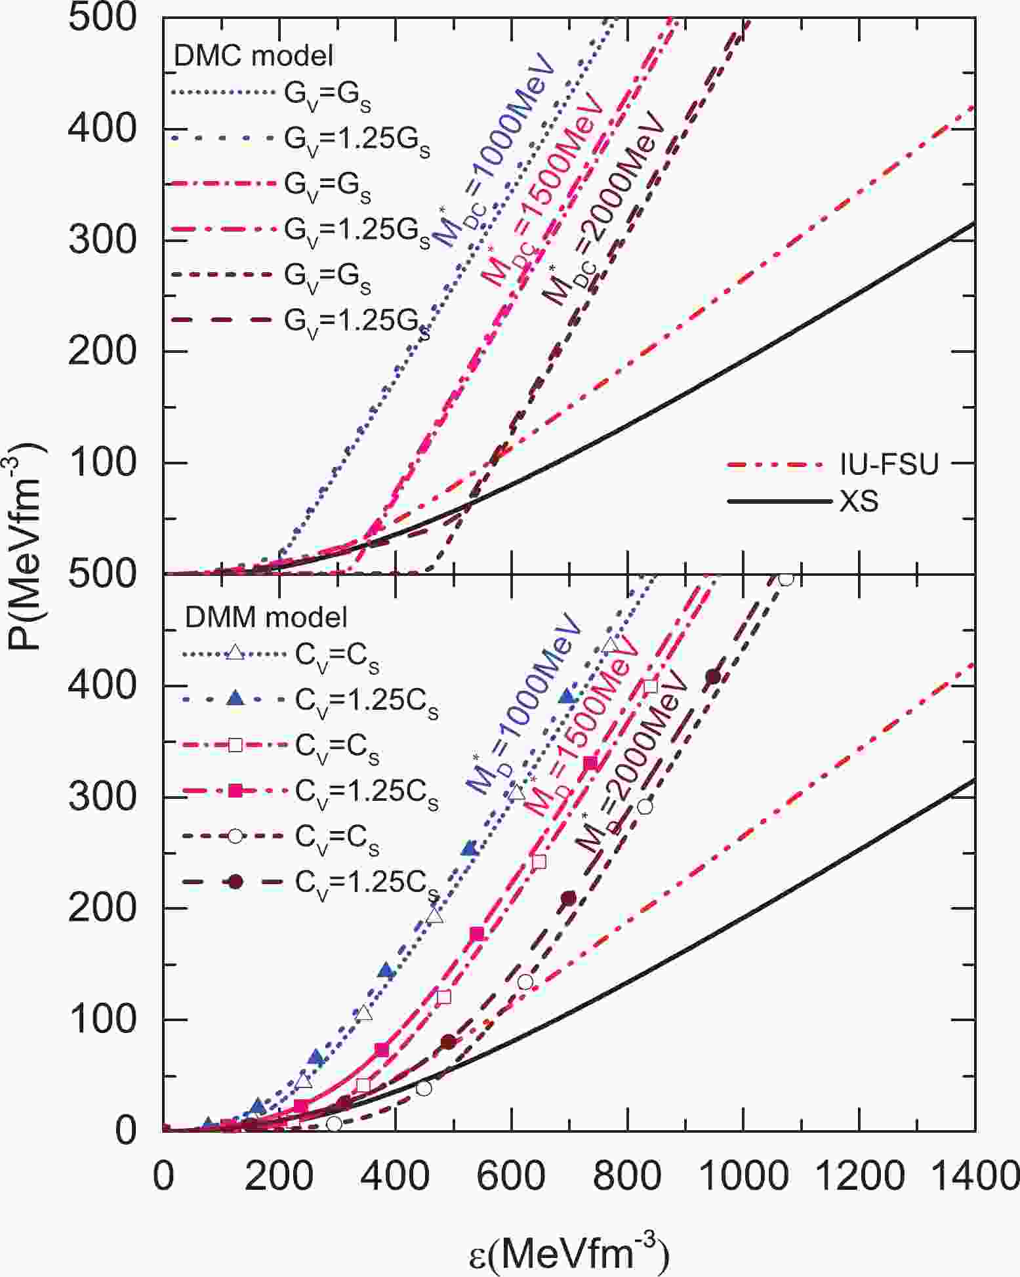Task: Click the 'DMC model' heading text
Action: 253,56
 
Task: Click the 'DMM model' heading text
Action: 266,617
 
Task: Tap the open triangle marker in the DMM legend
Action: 235,653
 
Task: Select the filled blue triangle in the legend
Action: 235,699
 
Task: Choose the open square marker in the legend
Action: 235,745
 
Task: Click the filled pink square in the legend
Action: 235,791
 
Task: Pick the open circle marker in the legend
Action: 235,837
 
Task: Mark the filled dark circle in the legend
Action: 235,883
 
